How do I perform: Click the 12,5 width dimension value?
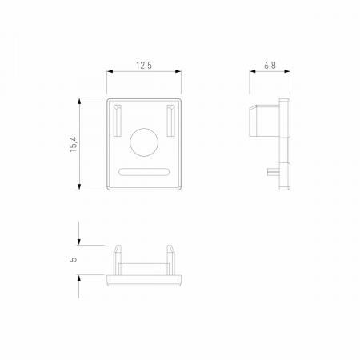tap(144, 66)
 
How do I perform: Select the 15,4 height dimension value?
tap(74, 144)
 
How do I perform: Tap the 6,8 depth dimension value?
tap(270, 66)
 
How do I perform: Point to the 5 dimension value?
tap(74, 259)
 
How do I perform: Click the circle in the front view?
tap(144, 142)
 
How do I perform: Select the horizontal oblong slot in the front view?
tap(144, 172)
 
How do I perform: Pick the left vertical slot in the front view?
tap(118, 121)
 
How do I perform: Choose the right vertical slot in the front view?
tap(170, 121)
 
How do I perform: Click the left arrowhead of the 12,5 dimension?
tap(110, 71)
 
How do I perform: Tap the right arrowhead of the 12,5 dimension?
tap(178, 71)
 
